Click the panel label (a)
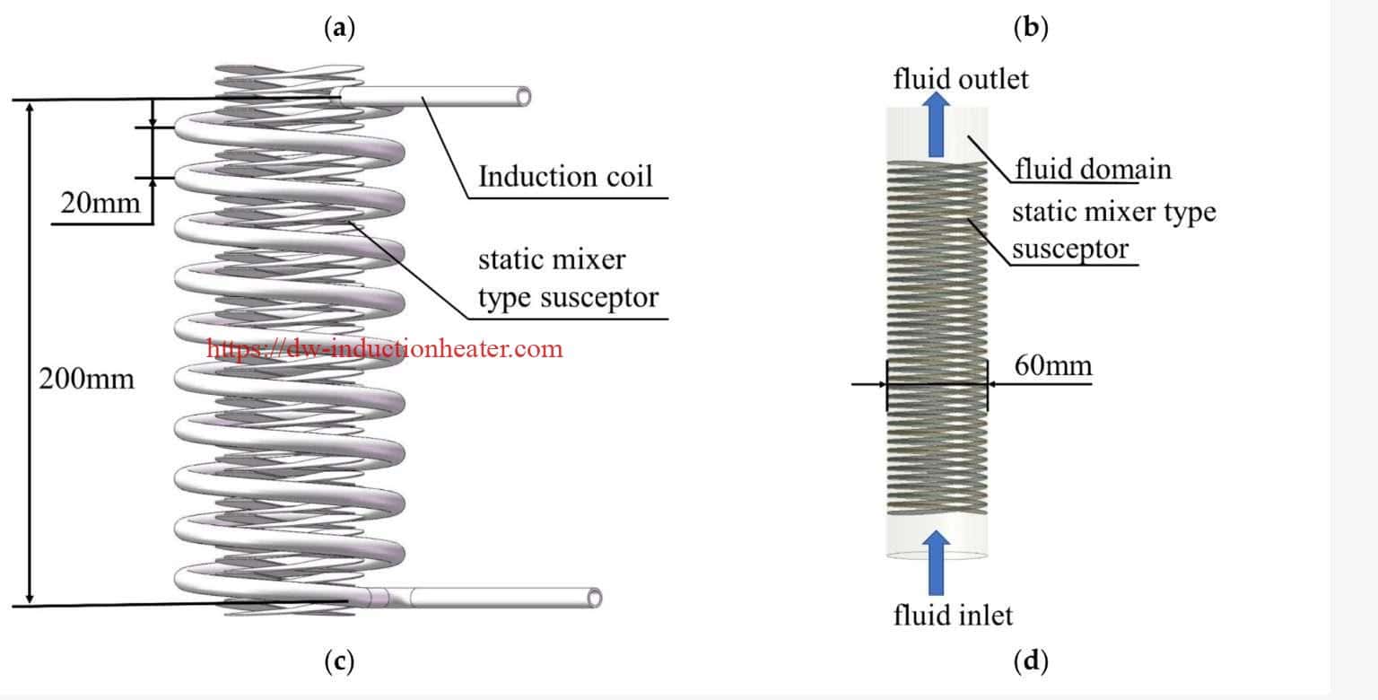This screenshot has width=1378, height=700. click(x=340, y=29)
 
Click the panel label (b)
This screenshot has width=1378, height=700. click(x=1031, y=29)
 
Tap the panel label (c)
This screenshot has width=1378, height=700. click(x=340, y=661)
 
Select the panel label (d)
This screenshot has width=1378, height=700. click(x=1031, y=661)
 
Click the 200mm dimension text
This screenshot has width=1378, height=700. click(x=86, y=379)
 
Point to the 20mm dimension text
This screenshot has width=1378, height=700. click(x=100, y=203)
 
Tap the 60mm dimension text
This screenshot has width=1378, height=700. click(x=1053, y=365)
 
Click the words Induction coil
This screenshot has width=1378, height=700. click(x=565, y=177)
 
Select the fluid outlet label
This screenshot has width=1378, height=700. click(x=961, y=79)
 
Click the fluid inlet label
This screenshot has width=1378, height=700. click(x=953, y=615)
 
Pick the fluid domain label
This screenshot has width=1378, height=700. click(x=1094, y=169)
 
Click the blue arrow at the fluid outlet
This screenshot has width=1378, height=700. click(x=936, y=124)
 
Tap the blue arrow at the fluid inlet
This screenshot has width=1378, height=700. click(x=936, y=563)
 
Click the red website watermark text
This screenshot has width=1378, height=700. click(x=385, y=349)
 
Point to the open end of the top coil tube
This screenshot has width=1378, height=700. click(x=524, y=97)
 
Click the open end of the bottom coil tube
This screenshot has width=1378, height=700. click(x=594, y=598)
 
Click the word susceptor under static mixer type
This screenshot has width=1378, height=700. click(x=1070, y=249)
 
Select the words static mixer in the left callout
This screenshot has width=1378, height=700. click(x=552, y=259)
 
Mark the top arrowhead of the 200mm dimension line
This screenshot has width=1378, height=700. click(x=30, y=109)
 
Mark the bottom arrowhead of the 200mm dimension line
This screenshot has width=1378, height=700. click(x=30, y=598)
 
